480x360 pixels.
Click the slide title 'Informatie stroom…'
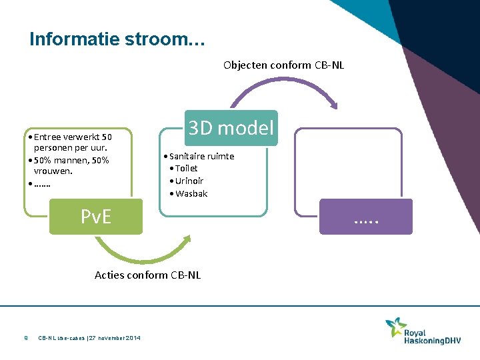[117, 39]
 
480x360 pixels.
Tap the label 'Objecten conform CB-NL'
[283, 65]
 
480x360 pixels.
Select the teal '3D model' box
[231, 128]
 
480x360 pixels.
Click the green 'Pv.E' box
[96, 217]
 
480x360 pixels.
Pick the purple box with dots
[366, 217]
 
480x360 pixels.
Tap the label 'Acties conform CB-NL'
[147, 275]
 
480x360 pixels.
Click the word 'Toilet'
[187, 169]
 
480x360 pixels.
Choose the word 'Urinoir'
[189, 181]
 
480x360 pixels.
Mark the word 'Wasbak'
[191, 194]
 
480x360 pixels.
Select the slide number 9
[25, 338]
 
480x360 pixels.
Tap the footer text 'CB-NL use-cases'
[62, 338]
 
